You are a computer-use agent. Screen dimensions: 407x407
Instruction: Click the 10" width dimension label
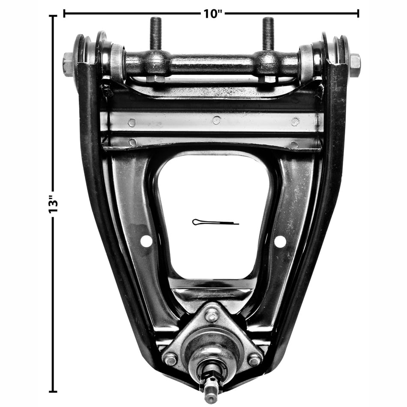(213, 14)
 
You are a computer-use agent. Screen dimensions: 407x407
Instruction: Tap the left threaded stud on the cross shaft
(156, 33)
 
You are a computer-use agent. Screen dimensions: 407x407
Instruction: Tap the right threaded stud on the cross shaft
(268, 33)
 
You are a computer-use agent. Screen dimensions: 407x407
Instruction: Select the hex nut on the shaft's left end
(68, 65)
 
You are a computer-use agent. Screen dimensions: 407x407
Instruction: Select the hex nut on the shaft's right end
(355, 66)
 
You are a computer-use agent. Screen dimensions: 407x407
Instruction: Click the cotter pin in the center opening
(215, 222)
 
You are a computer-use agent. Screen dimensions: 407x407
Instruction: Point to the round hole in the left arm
(147, 241)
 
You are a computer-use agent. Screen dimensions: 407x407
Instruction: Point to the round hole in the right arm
(280, 242)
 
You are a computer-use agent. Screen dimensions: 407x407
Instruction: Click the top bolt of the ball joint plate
(212, 316)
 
